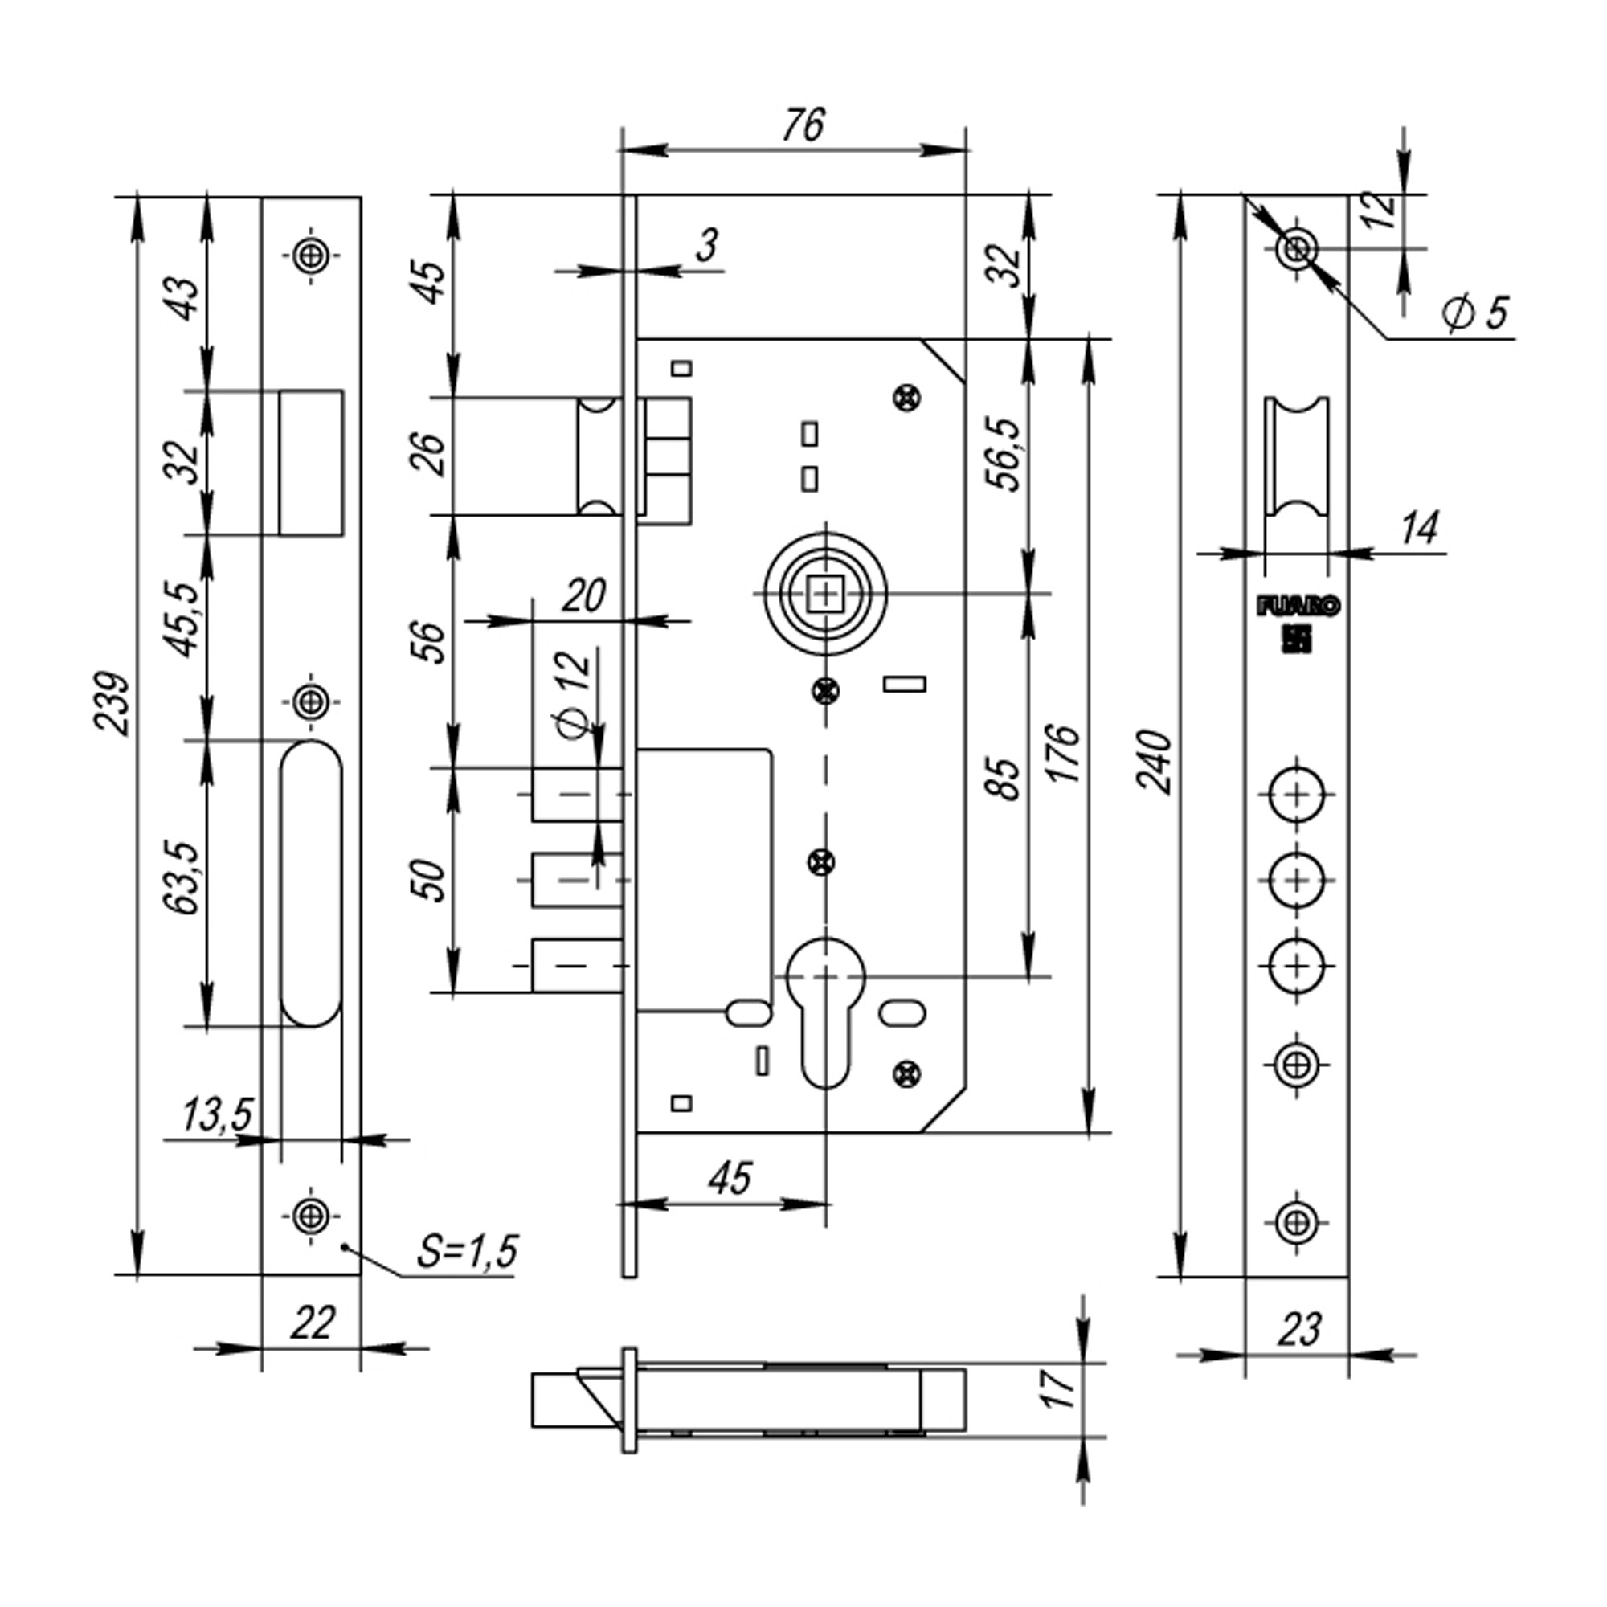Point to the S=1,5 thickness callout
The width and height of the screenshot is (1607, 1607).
(x=467, y=1250)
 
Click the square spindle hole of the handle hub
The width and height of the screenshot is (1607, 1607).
(x=825, y=593)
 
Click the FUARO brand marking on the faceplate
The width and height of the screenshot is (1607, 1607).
(x=1297, y=608)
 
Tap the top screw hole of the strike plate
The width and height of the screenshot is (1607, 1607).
(x=312, y=256)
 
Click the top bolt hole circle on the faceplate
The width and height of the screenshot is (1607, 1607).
(x=1297, y=795)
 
